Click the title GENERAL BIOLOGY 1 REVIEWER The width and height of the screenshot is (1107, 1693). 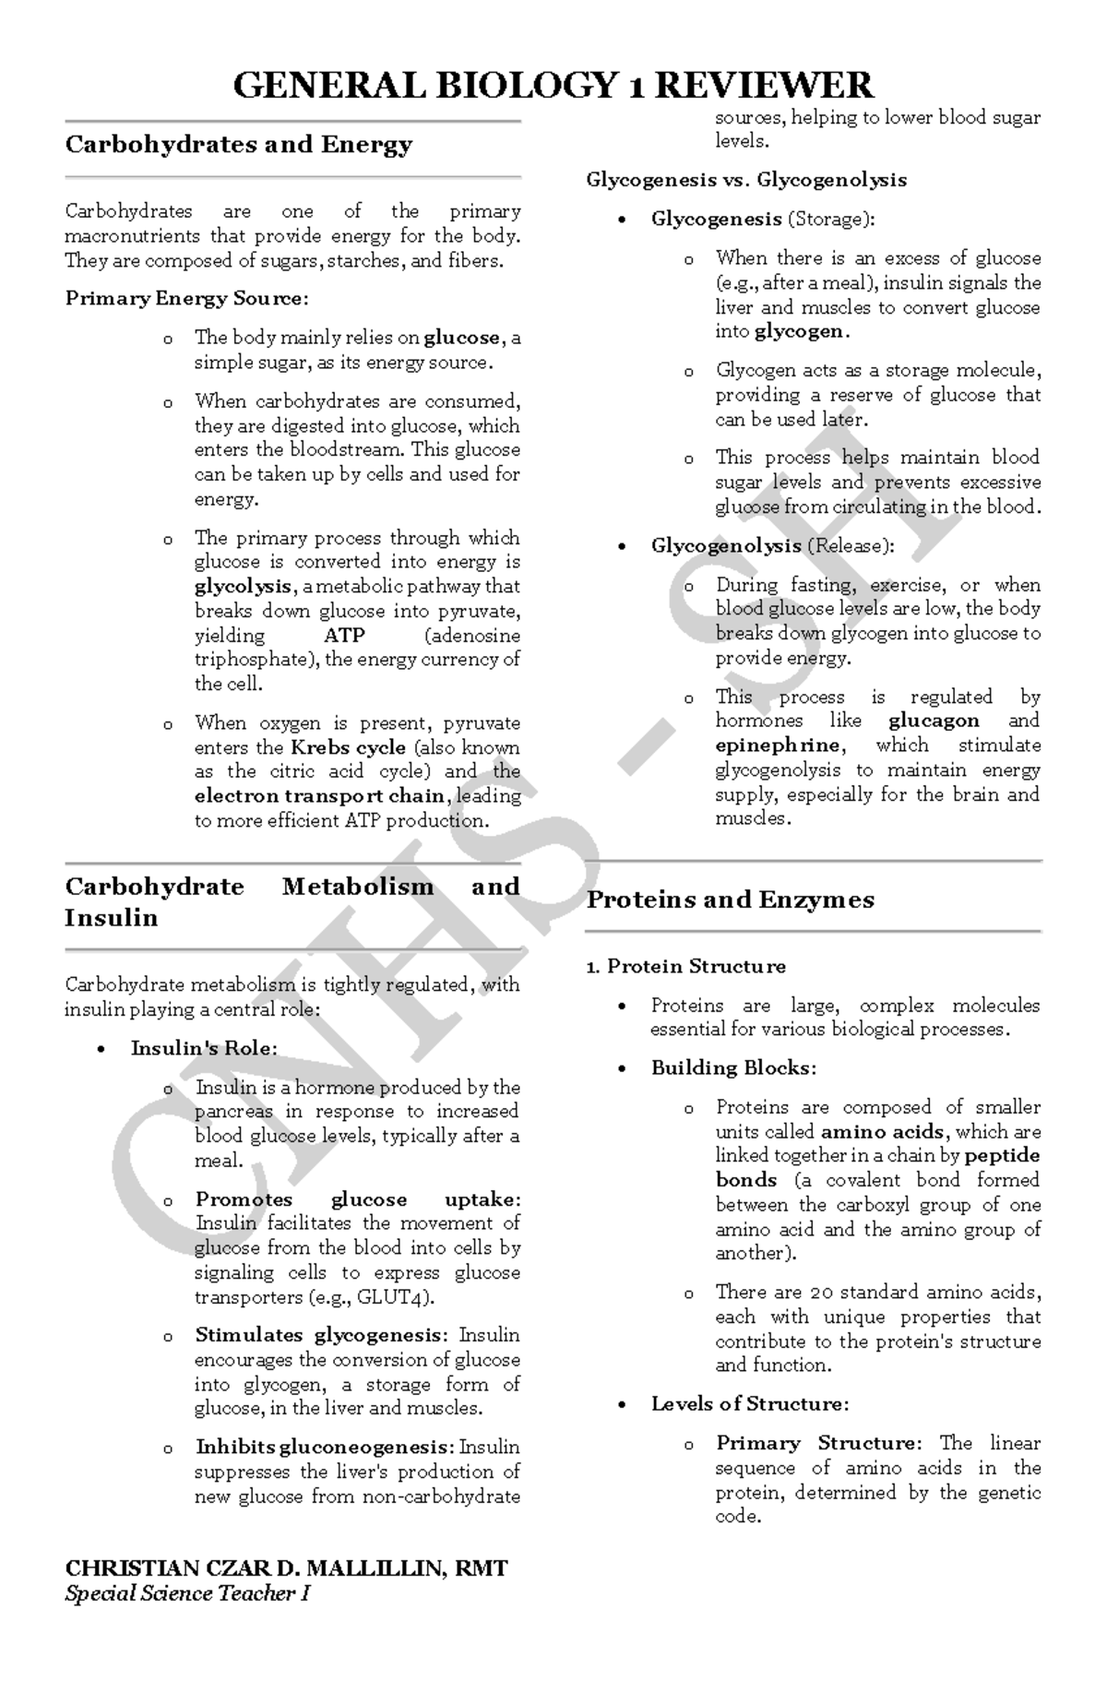click(x=553, y=86)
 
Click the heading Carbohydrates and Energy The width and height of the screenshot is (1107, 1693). click(x=238, y=145)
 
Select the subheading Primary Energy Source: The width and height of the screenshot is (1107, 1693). click(x=186, y=299)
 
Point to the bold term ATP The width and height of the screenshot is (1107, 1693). click(x=344, y=636)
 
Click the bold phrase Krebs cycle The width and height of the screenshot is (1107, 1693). click(x=349, y=747)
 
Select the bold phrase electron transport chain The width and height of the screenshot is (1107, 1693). click(x=320, y=796)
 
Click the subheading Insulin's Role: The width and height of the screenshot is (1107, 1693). click(x=204, y=1048)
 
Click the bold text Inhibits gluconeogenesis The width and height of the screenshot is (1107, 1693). click(x=324, y=1448)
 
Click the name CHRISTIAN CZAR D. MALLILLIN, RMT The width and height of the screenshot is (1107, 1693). click(x=286, y=1568)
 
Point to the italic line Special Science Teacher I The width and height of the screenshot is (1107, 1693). click(x=187, y=1593)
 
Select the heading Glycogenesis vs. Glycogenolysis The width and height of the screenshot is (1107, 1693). click(x=746, y=180)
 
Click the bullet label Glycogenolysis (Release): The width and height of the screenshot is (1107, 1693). click(x=772, y=546)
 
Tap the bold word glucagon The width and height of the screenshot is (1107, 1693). click(x=934, y=721)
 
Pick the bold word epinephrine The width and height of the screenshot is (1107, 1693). click(x=779, y=745)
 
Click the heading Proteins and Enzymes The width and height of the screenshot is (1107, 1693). click(x=730, y=900)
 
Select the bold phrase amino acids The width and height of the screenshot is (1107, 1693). click(x=882, y=1132)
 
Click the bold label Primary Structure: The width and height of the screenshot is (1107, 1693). click(x=818, y=1443)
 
